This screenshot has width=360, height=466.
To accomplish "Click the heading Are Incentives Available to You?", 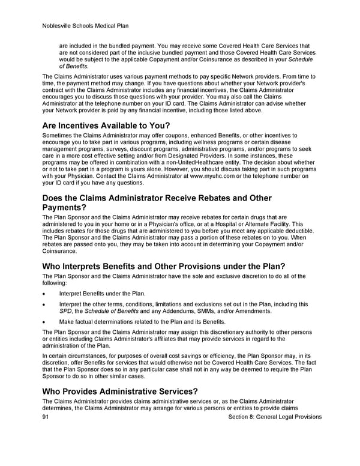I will (x=106, y=126).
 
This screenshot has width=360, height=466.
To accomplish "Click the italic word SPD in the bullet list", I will (x=65, y=311).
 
